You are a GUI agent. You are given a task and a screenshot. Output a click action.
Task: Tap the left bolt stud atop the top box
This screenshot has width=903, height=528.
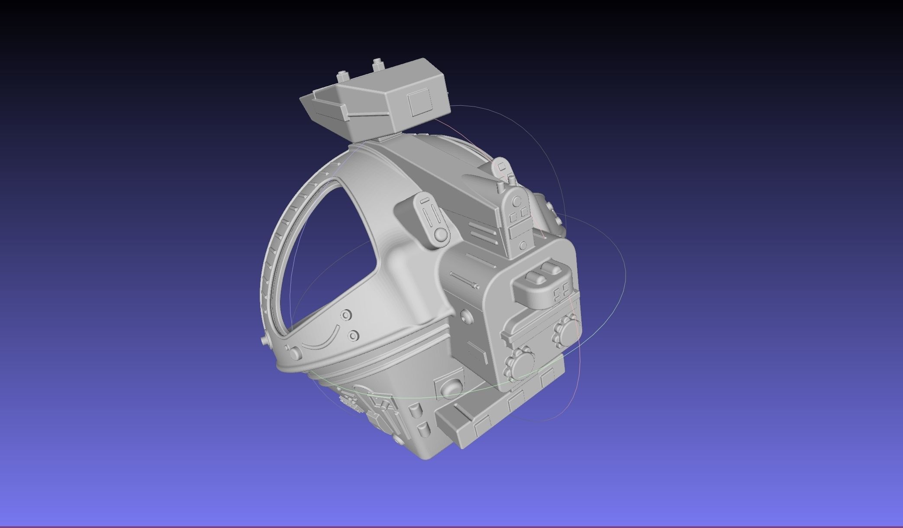pos(343,77)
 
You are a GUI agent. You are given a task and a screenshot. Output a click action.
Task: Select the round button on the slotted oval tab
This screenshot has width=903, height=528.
pos(441,234)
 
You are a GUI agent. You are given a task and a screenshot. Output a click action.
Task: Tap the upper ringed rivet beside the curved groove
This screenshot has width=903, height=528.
pos(345,315)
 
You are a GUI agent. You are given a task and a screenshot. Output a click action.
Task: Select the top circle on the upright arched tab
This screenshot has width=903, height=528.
pos(517,201)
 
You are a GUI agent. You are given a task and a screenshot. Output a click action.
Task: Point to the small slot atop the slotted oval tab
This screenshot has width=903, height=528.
pos(425,201)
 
